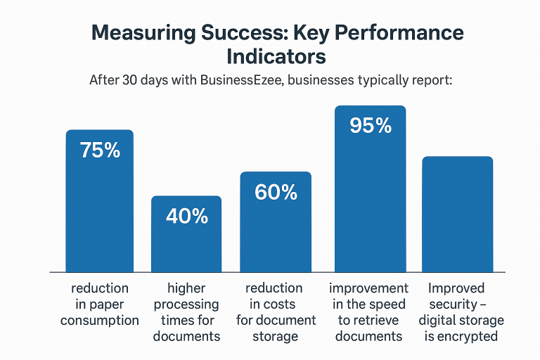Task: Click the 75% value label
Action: pyautogui.click(x=100, y=150)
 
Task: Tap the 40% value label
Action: pyautogui.click(x=186, y=217)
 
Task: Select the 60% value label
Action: pyautogui.click(x=276, y=192)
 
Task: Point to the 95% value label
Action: pyautogui.click(x=371, y=125)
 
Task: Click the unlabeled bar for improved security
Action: pyautogui.click(x=457, y=214)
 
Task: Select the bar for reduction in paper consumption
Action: pyautogui.click(x=100, y=201)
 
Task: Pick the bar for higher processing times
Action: pyautogui.click(x=186, y=234)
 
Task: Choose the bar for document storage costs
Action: pyautogui.click(x=276, y=222)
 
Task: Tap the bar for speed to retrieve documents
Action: pyautogui.click(x=371, y=188)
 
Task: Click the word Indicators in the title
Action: pyautogui.click(x=276, y=56)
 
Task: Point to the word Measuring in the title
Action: pyautogui.click(x=143, y=33)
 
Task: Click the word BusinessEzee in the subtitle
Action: pyautogui.click(x=242, y=80)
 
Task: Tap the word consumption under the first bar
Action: pyautogui.click(x=100, y=321)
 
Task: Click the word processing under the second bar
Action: pyautogui.click(x=186, y=304)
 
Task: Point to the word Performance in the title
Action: pyautogui.click(x=399, y=33)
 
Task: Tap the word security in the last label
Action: pyautogui.click(x=453, y=304)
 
